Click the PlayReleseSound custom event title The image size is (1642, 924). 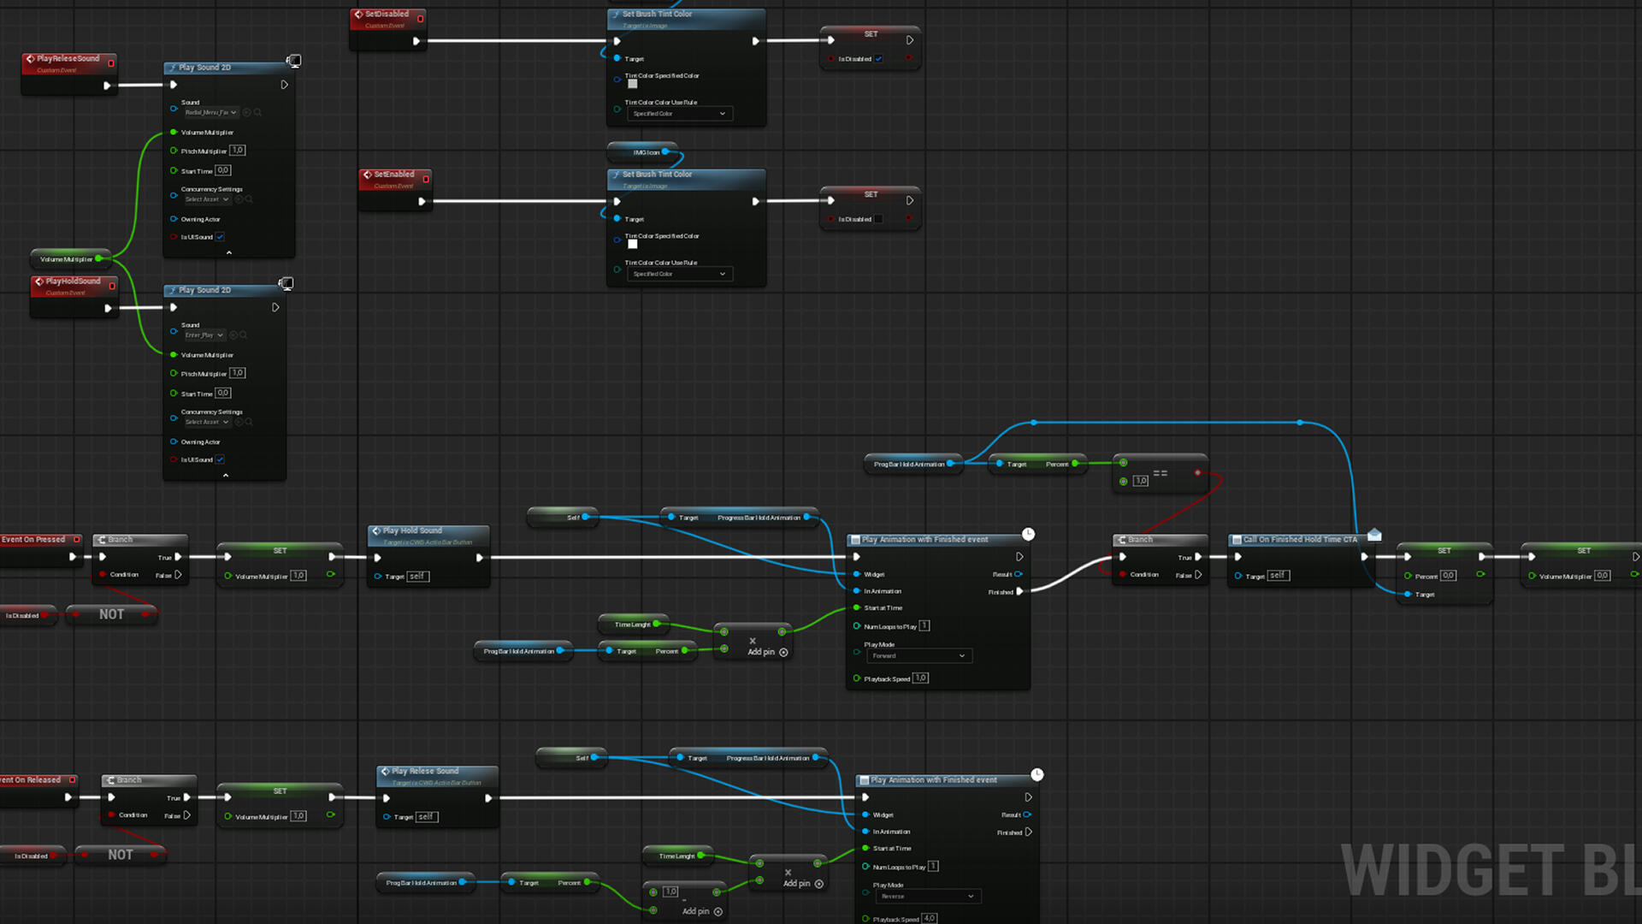[x=68, y=58]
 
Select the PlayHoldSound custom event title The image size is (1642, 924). [x=73, y=281]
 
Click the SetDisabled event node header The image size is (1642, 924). [x=387, y=15]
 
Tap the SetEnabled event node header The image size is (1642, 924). [x=393, y=175]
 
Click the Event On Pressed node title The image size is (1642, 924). [x=33, y=540]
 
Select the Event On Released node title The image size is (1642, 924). [x=31, y=780]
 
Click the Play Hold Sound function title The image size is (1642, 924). [x=412, y=530]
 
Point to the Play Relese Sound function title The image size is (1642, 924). [x=425, y=771]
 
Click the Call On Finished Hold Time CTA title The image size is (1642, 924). [x=1299, y=540]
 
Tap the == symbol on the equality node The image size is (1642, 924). [x=1161, y=473]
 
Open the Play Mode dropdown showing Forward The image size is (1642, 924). [x=918, y=656]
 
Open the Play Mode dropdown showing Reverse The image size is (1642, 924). [x=927, y=897]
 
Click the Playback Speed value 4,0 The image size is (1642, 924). [x=929, y=919]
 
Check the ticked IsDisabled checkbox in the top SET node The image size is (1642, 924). [x=878, y=59]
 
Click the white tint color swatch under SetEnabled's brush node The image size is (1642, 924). [x=633, y=244]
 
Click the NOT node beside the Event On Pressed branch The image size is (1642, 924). [x=111, y=614]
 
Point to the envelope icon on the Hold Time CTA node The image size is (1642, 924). [x=1374, y=535]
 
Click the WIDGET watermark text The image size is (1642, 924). [x=1453, y=871]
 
